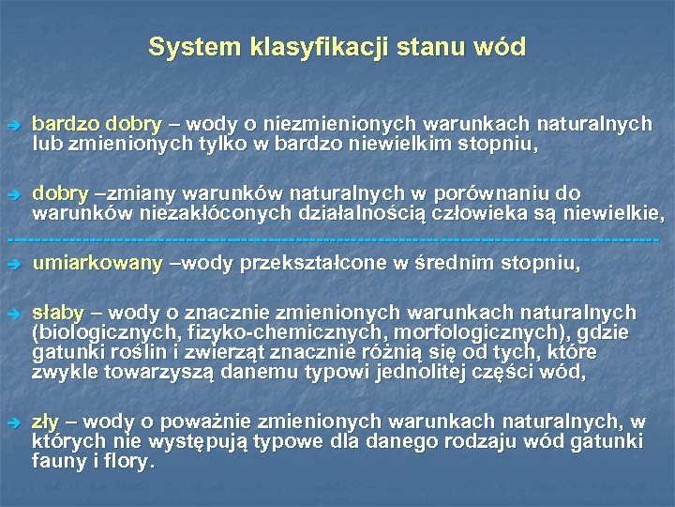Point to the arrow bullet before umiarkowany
click(12, 265)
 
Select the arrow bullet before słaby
click(12, 314)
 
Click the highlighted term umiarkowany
click(97, 264)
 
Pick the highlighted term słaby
click(58, 313)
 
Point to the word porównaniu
click(506, 193)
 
